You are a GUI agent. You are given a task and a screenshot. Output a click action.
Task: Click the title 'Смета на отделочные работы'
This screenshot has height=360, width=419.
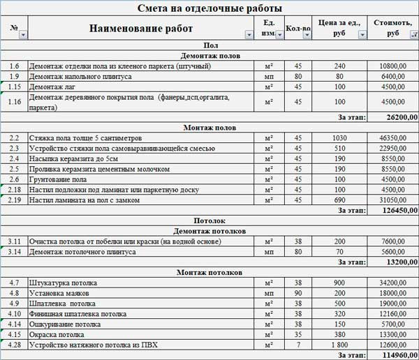point(210,8)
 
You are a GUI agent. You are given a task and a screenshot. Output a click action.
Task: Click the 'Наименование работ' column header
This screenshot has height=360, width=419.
point(140,29)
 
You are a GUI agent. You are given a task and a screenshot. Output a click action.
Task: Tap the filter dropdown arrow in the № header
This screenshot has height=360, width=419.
point(23,34)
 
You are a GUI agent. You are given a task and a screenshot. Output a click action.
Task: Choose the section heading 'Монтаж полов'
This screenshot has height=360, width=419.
point(210,128)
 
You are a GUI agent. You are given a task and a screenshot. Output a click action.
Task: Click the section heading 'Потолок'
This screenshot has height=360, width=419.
point(210,220)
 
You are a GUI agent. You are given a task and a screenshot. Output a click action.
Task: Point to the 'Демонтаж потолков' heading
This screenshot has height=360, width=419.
point(210,230)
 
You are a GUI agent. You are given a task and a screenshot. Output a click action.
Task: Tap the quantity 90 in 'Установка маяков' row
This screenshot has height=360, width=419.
point(298,293)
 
